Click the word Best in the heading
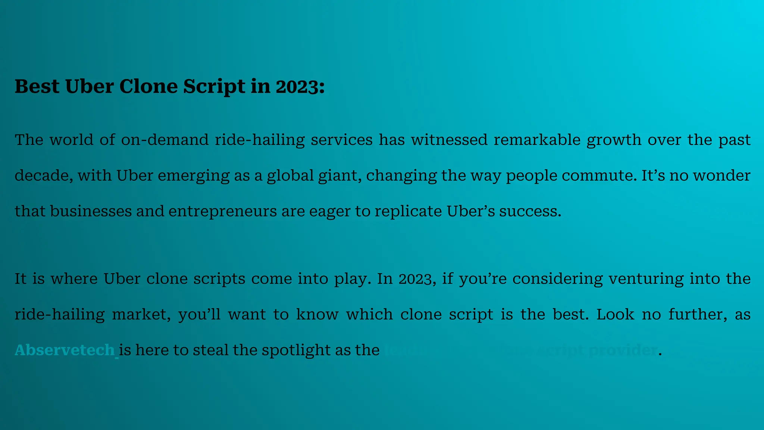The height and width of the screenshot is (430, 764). point(37,86)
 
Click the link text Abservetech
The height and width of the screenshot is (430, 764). point(65,350)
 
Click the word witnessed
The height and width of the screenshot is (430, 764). point(449,140)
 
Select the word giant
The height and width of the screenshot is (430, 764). point(339,175)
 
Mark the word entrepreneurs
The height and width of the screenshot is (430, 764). point(223,211)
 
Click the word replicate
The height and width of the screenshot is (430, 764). point(408,211)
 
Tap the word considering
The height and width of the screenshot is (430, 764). point(557,279)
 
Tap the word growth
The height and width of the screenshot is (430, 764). point(614,140)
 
